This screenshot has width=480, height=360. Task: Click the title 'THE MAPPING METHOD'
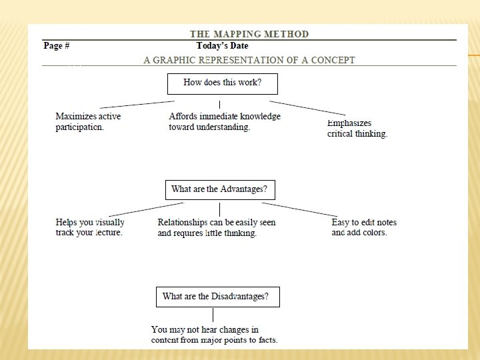click(249, 34)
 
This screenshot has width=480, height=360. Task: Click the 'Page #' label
click(57, 46)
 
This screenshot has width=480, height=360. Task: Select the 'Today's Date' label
click(222, 46)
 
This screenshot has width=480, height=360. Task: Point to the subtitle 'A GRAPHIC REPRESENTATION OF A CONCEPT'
click(249, 60)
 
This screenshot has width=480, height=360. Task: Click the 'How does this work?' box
click(222, 83)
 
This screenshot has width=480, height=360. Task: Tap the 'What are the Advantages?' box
click(220, 189)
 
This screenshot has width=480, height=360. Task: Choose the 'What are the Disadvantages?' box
click(217, 297)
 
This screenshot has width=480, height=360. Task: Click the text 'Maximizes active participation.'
click(88, 121)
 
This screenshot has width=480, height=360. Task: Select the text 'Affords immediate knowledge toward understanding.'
click(225, 121)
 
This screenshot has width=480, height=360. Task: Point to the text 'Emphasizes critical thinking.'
click(357, 129)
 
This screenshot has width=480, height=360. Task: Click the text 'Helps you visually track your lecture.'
click(90, 227)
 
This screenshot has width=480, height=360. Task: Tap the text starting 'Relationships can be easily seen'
click(216, 227)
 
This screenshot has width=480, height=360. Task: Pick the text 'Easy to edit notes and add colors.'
click(364, 227)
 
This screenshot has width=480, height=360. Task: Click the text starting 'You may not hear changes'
click(214, 335)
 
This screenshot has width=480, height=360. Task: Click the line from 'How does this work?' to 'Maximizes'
click(137, 104)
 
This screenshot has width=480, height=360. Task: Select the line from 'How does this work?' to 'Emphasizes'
click(307, 108)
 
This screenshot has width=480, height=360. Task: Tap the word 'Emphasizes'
click(349, 123)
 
